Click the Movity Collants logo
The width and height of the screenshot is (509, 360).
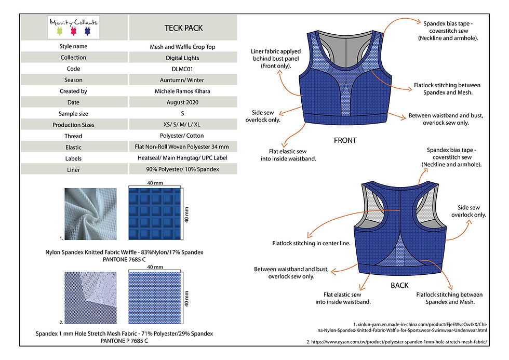coord(73,28)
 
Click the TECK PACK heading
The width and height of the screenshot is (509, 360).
coord(182,28)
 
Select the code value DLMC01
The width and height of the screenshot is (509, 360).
coord(182,69)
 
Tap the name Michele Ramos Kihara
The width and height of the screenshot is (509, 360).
coord(182,91)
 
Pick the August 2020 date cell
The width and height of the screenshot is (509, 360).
coord(182,103)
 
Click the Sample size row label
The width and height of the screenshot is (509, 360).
coord(73,114)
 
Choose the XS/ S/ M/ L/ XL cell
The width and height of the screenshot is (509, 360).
coord(182,125)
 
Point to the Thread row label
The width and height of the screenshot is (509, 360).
coord(73,136)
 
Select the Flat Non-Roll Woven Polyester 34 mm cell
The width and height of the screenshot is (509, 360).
coord(182,147)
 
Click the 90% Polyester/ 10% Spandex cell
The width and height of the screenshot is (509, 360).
coord(182,169)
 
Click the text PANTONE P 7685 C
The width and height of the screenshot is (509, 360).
coord(124,341)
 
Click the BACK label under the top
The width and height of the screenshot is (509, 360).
coord(399,285)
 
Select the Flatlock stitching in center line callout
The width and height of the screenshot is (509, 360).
coord(311,243)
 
